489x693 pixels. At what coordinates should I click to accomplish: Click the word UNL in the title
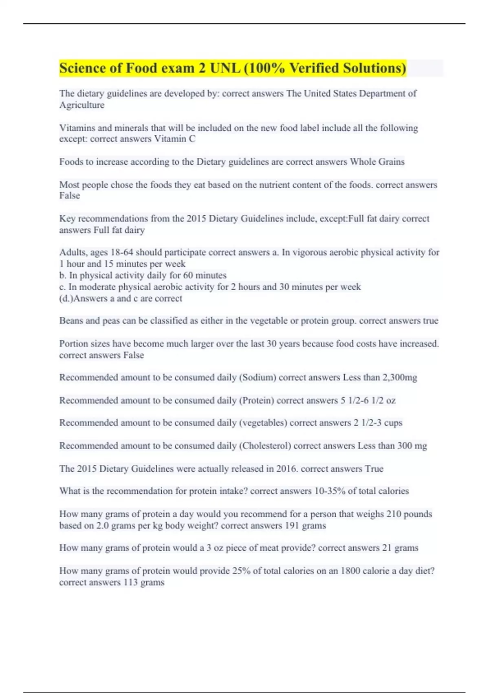click(x=225, y=68)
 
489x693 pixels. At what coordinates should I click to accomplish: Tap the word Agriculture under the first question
click(x=82, y=105)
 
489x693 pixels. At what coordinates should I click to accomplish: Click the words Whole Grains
click(x=377, y=162)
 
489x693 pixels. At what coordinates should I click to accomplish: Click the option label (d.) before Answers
click(x=66, y=298)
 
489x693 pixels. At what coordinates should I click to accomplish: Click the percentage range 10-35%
click(x=330, y=491)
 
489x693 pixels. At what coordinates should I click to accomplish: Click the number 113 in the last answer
click(x=130, y=582)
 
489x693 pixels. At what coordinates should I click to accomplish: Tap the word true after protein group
click(x=430, y=321)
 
